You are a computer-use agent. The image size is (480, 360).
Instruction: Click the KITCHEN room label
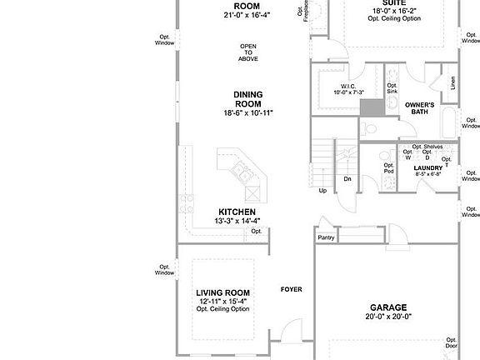tap(236, 212)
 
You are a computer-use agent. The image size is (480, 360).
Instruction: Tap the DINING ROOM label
tap(247, 99)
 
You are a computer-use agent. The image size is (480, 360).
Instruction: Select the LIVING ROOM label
tap(222, 293)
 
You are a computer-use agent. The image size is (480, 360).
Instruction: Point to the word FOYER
tap(291, 290)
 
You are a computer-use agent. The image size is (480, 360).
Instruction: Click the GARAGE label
tap(388, 307)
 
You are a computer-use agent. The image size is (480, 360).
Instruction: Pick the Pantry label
tap(326, 237)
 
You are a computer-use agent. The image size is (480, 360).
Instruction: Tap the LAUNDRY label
tap(427, 167)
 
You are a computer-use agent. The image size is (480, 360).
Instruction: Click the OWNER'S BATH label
tap(421, 108)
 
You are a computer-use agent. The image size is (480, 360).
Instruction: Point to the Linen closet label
tap(452, 82)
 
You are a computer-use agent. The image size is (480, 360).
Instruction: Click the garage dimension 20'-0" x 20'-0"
tap(388, 317)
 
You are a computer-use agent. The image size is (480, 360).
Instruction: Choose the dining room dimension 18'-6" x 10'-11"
tap(247, 113)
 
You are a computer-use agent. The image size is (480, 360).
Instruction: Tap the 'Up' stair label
tap(322, 191)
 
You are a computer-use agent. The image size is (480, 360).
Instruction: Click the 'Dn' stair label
tap(347, 178)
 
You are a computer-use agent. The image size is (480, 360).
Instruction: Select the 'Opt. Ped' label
tap(388, 167)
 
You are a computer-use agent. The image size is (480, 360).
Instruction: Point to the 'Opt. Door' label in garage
tap(451, 342)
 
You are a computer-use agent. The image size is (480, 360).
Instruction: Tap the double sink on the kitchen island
tap(240, 173)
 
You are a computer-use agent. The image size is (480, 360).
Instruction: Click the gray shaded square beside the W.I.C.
tap(372, 106)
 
